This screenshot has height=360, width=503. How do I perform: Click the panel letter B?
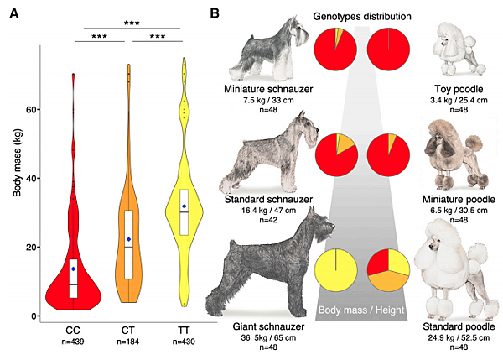pyautogui.click(x=215, y=14)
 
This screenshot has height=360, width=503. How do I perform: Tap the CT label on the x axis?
pyautogui.click(x=128, y=329)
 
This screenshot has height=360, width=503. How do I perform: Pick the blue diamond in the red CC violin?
pyautogui.click(x=74, y=269)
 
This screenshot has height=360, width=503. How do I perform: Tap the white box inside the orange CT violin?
pyautogui.click(x=128, y=244)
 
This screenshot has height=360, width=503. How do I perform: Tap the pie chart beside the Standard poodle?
pyautogui.click(x=387, y=270)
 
